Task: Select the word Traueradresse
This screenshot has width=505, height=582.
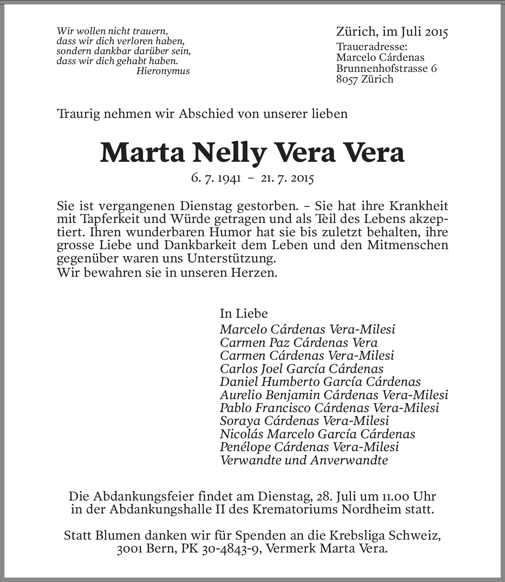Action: click(372, 47)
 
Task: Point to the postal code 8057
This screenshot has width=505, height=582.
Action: click(347, 79)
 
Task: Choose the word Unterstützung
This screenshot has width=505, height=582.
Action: click(231, 258)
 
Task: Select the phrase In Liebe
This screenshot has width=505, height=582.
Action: click(244, 313)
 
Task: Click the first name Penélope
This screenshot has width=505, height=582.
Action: click(245, 447)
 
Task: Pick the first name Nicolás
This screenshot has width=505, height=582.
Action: click(241, 434)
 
